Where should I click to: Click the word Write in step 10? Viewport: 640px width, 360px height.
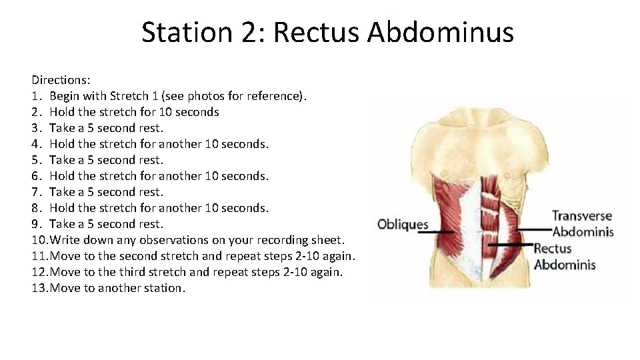65,240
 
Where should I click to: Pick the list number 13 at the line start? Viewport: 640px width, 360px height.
39,288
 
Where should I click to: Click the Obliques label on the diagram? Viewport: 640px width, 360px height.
403,224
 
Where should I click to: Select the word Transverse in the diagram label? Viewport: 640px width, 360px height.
582,216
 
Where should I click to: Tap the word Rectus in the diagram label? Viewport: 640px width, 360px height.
553,249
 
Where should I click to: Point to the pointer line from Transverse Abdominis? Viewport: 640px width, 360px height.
533,228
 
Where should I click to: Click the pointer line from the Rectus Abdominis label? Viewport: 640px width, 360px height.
509,245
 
